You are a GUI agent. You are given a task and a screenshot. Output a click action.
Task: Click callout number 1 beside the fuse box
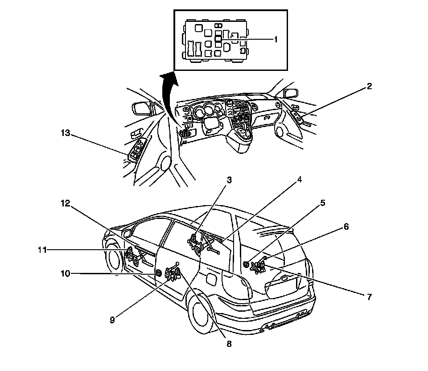[x=276, y=39]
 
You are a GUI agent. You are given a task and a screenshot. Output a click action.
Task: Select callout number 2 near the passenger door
[x=369, y=87]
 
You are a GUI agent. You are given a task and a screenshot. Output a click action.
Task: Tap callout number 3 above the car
[x=229, y=180]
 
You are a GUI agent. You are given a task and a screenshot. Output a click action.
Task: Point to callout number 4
[x=300, y=180]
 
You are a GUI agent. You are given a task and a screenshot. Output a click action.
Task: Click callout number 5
[x=322, y=203]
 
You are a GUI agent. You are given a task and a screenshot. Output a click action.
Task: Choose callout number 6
[x=346, y=227]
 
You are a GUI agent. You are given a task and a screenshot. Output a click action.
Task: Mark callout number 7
[x=369, y=297]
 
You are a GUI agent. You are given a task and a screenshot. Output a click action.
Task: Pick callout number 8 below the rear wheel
[x=229, y=344]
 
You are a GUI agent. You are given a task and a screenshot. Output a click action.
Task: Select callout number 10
[x=66, y=273]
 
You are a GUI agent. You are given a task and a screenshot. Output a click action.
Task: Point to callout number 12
[x=65, y=203]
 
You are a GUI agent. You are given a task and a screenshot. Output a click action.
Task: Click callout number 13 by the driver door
[x=66, y=132]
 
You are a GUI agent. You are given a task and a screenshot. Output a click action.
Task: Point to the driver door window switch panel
[x=137, y=150]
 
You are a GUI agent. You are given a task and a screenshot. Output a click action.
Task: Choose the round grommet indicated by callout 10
[x=158, y=273]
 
